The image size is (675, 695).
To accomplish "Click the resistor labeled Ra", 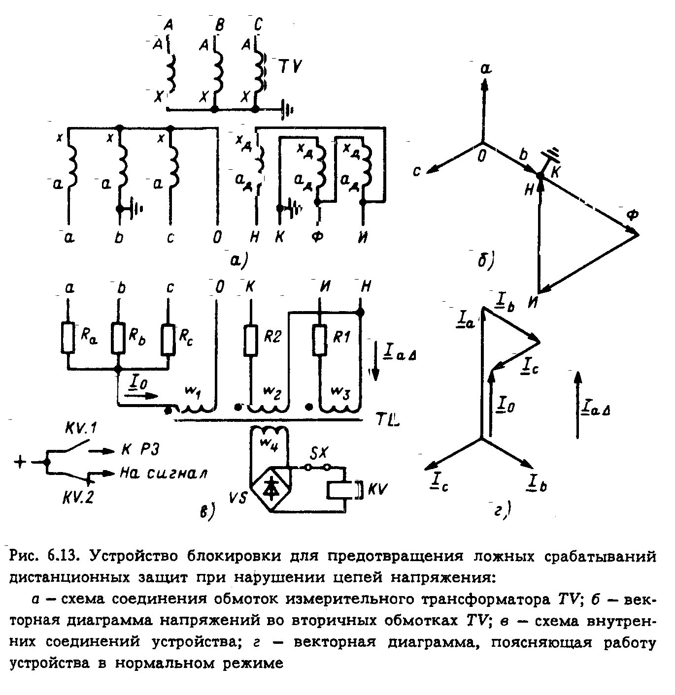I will coord(68,338).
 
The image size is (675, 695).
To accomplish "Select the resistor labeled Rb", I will coord(118,338).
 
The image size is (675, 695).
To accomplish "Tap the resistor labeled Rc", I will coord(168,339).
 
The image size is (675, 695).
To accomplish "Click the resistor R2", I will coord(251,340).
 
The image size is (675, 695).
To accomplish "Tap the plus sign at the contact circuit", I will coord(21,462).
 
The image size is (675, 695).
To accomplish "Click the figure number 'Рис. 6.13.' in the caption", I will coord(42,557).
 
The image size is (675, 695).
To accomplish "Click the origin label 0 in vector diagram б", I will coord(482,157).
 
